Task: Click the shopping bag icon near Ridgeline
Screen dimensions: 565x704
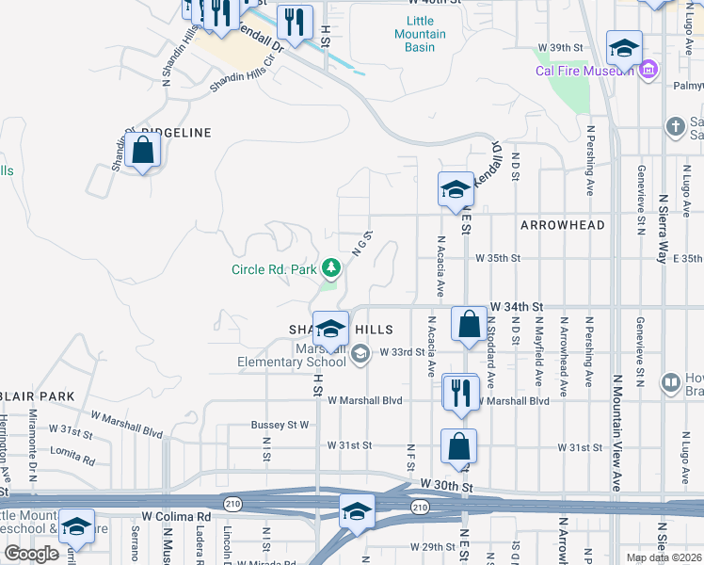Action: coord(142,151)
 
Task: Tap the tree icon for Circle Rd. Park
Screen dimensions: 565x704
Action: coord(330,269)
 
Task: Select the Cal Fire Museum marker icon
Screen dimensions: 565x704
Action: coord(648,71)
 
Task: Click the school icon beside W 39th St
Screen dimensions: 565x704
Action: coord(623,47)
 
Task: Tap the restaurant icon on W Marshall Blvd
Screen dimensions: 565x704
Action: coord(459,391)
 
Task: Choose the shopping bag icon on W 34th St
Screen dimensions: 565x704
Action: coord(469,324)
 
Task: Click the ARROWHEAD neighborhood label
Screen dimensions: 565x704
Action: coord(562,225)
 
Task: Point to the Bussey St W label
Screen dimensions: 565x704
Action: coord(280,425)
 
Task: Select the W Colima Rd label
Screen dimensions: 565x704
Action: coord(176,517)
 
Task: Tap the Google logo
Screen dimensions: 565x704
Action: coord(31,554)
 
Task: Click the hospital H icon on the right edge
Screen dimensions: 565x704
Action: coord(670,382)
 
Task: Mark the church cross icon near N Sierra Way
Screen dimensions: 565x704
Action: coord(675,126)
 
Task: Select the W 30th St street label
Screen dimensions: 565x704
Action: coord(446,482)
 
